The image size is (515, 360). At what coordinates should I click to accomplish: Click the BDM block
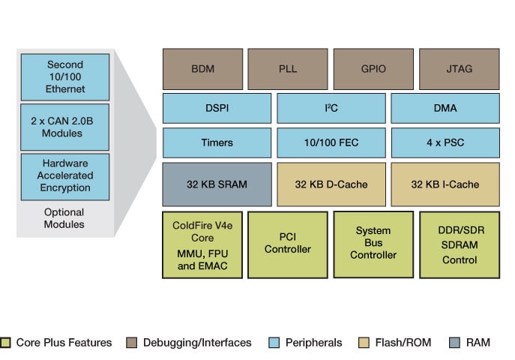click(x=202, y=69)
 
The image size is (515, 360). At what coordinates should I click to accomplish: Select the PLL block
click(x=288, y=69)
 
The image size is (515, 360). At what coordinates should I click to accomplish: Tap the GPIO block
click(x=373, y=69)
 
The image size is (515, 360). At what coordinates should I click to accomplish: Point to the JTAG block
click(x=459, y=69)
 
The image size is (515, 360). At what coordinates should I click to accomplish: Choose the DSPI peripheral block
click(x=217, y=108)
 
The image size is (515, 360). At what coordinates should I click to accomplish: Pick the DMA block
click(x=445, y=108)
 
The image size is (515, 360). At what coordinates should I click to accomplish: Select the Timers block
click(x=217, y=142)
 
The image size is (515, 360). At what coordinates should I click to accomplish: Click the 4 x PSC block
click(x=445, y=142)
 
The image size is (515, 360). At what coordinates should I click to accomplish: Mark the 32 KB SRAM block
click(x=217, y=184)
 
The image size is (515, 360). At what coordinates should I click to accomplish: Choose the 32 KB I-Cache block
click(x=445, y=184)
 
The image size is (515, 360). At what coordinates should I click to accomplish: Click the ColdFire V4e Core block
click(x=202, y=244)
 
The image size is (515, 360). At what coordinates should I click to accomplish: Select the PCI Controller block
click(x=288, y=244)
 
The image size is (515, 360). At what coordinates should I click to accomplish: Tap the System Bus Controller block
click(x=373, y=244)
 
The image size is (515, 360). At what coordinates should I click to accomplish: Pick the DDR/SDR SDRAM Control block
click(x=459, y=244)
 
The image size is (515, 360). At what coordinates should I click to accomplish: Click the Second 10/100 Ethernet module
click(x=65, y=77)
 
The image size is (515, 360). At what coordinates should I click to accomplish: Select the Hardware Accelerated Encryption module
click(x=65, y=175)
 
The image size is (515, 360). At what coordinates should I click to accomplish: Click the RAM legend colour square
click(x=454, y=343)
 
